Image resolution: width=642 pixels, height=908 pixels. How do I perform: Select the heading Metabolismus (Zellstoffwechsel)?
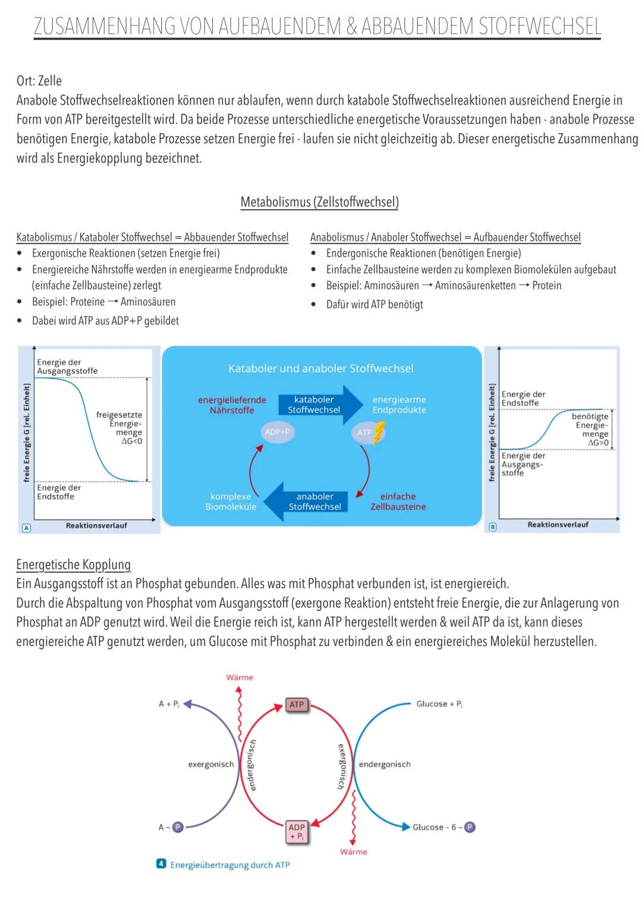point(320,202)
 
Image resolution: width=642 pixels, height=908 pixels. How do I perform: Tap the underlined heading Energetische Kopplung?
point(73,565)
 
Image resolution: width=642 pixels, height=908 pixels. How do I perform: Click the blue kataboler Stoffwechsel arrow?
point(320,404)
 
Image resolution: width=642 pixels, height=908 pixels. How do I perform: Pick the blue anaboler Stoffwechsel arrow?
point(306,501)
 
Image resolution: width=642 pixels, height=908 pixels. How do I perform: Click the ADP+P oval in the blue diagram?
point(277,432)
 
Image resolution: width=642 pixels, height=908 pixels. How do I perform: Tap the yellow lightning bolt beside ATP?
point(379,432)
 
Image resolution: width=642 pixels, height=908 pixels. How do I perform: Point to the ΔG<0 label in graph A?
point(132,441)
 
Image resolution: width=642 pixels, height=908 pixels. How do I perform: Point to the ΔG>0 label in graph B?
point(598,442)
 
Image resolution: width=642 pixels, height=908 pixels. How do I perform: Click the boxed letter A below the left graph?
point(26,528)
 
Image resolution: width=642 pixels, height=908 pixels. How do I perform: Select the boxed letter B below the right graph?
point(492,527)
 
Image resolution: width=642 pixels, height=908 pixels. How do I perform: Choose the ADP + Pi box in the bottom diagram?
point(297,831)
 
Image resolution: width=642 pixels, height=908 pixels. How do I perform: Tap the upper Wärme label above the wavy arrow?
point(240,677)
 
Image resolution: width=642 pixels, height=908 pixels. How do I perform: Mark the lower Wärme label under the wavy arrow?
point(354,852)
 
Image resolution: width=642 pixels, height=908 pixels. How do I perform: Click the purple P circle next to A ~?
point(178,827)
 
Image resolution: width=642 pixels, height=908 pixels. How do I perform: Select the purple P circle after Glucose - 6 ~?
point(470,827)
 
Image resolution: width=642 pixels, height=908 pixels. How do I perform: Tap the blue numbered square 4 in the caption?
point(161,863)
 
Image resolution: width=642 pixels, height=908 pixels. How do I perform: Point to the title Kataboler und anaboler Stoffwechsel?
point(321,369)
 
